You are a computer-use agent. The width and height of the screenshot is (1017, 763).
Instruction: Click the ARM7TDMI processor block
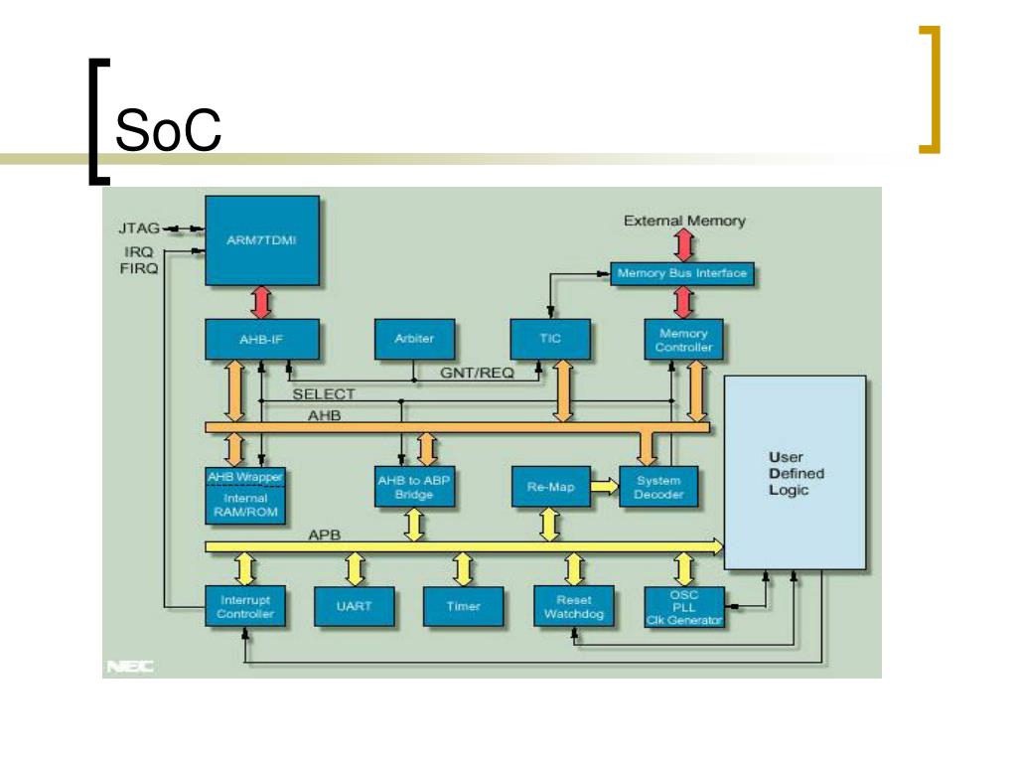click(262, 240)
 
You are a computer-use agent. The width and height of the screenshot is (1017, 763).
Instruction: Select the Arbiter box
click(414, 339)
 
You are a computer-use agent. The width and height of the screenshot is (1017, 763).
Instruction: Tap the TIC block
click(550, 339)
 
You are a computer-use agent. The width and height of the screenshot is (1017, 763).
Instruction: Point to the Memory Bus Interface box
click(681, 273)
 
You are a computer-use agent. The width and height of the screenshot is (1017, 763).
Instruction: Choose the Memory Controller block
click(683, 340)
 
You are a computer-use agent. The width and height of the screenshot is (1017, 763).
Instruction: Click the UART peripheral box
click(355, 606)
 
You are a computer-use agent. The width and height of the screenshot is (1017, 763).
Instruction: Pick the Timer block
click(463, 606)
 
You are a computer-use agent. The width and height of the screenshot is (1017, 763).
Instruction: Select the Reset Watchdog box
click(573, 606)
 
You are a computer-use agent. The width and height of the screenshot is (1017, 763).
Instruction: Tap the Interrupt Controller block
click(245, 606)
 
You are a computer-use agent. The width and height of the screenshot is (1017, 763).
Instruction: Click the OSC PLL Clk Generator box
click(684, 607)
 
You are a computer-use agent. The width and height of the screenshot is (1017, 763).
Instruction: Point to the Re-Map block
click(550, 487)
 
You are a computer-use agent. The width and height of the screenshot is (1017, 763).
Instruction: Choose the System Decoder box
click(658, 487)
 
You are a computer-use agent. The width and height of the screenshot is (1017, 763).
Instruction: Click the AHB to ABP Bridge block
click(414, 487)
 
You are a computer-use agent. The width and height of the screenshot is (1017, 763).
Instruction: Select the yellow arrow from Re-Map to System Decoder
click(605, 486)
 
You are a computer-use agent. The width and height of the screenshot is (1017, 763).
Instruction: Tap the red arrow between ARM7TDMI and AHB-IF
click(261, 302)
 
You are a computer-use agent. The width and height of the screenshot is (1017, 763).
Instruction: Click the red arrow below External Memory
click(683, 245)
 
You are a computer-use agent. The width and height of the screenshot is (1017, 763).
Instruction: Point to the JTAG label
click(139, 229)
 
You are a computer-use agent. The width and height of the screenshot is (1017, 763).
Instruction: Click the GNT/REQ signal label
click(477, 374)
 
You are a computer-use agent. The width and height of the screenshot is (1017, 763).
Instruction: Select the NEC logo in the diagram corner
click(130, 667)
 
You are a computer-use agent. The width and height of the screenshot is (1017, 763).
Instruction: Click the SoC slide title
click(168, 130)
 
